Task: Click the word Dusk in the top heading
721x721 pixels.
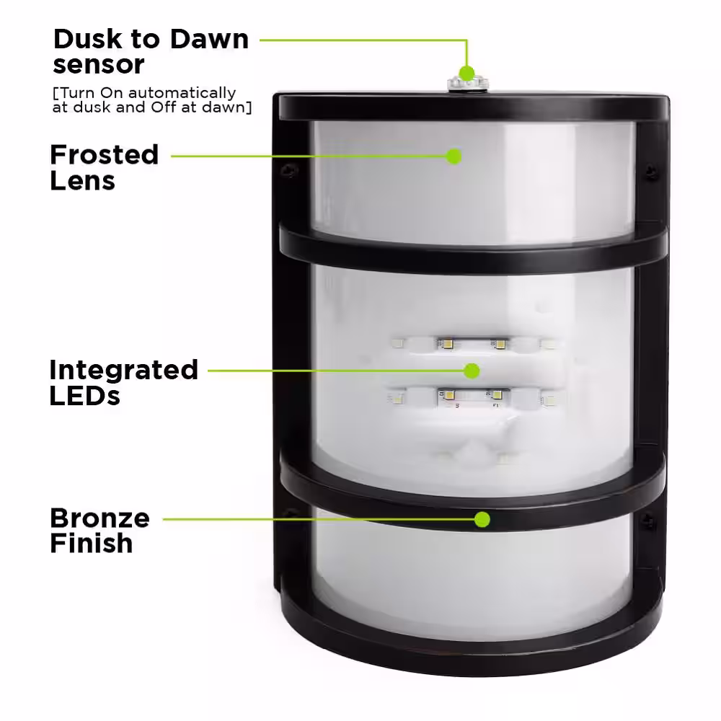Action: point(88,40)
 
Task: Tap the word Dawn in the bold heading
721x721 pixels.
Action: point(210,40)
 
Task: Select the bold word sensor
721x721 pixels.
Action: point(98,65)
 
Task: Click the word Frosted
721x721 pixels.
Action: point(105,155)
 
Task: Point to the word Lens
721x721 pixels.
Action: point(83,181)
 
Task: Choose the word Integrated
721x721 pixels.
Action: point(124,371)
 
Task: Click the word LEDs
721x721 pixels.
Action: point(84,396)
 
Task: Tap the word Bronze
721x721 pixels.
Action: point(99,518)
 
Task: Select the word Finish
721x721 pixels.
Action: point(92,543)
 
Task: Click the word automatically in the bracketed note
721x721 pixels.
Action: point(182,93)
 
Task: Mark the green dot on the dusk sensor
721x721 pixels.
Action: point(466,73)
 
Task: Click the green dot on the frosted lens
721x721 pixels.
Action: point(454,156)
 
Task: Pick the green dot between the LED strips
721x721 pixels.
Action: point(472,371)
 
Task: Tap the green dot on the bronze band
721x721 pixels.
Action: point(482,520)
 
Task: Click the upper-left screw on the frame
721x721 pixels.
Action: point(290,171)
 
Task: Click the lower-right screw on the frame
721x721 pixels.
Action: point(648,521)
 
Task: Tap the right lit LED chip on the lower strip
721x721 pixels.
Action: point(497,394)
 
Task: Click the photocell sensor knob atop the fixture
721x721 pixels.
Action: point(468,84)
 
